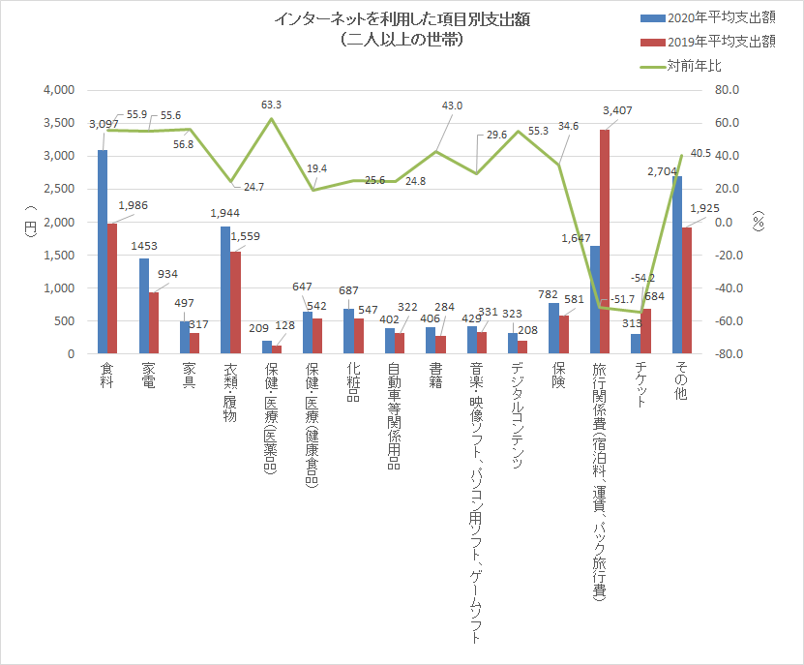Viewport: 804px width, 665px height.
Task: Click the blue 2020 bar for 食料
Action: click(103, 252)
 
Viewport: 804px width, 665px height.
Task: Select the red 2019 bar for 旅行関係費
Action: click(604, 242)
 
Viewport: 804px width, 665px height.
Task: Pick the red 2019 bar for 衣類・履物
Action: click(235, 302)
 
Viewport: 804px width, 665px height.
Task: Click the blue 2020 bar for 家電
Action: click(144, 306)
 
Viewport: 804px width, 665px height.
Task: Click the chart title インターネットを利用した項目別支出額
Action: click(402, 20)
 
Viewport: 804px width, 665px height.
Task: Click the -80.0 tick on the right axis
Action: click(728, 354)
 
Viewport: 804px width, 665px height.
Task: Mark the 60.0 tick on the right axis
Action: click(728, 123)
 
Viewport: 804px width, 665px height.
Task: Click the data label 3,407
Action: click(616, 110)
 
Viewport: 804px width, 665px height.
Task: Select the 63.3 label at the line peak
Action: click(271, 105)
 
